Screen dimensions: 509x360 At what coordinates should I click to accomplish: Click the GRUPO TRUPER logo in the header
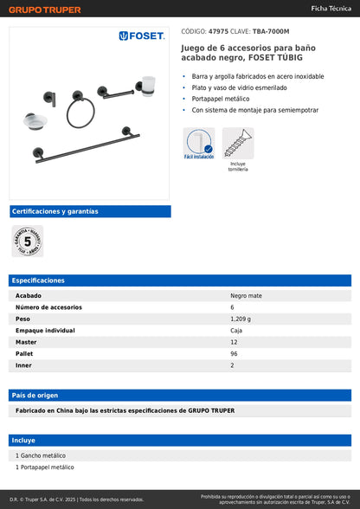point(45,10)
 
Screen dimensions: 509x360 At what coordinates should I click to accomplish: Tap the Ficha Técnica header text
point(331,8)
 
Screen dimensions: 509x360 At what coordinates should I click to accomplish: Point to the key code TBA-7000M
point(271,30)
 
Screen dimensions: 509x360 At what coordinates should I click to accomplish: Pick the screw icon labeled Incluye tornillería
point(238,143)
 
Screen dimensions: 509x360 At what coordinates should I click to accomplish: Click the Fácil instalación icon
point(198,143)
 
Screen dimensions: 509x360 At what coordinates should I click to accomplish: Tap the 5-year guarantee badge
point(27,241)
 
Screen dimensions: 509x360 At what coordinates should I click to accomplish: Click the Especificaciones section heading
point(39,280)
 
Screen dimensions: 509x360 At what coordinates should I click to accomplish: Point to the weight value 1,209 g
point(242,319)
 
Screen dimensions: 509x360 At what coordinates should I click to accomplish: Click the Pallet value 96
point(235,354)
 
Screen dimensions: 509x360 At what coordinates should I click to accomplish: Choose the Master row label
point(26,342)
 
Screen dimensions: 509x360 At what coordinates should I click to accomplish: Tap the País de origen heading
point(35,395)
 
